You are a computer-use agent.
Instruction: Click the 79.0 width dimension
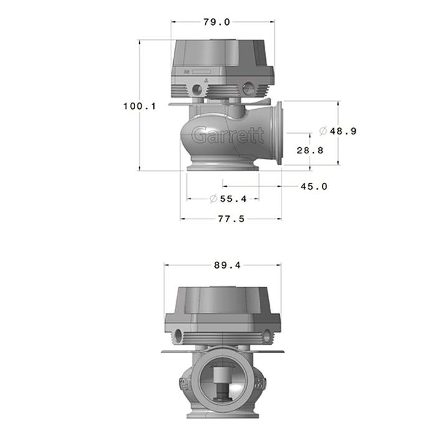(217, 22)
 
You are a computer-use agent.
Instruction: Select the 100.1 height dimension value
(139, 106)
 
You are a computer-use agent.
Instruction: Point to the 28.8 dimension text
(310, 150)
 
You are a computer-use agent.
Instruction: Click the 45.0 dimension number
(313, 186)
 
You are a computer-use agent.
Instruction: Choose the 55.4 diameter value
(233, 199)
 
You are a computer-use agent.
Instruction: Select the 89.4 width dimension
(227, 265)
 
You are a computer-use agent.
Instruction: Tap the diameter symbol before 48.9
(323, 131)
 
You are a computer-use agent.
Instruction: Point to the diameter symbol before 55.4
(213, 199)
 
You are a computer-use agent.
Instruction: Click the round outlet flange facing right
(278, 133)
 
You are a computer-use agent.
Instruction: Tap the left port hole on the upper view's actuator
(197, 89)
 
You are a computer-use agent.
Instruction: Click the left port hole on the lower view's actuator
(179, 336)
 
